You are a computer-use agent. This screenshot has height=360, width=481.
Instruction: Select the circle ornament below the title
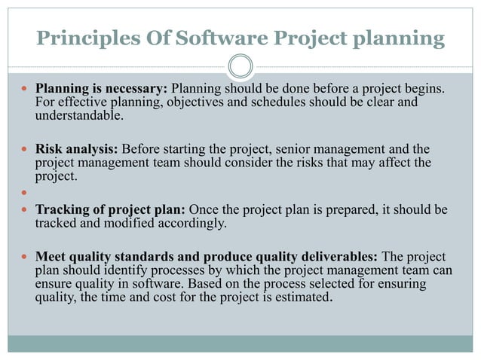coord(240,67)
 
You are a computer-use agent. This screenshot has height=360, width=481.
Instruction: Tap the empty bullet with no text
coord(24,192)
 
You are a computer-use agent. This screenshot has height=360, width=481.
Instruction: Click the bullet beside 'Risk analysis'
coord(24,149)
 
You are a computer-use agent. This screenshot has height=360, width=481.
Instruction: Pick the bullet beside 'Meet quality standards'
coord(24,258)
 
